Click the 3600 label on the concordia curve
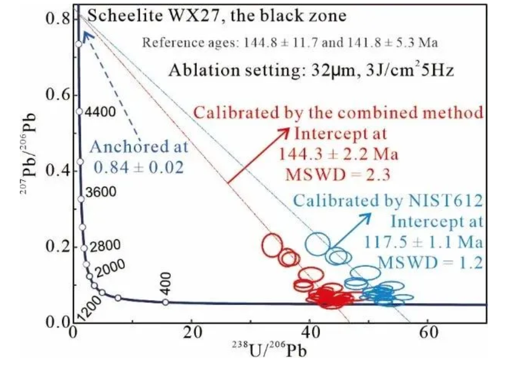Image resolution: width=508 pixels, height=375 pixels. tap(101, 192)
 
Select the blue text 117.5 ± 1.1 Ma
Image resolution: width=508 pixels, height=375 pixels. tap(423, 241)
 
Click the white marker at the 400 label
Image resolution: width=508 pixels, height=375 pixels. tap(165, 302)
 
